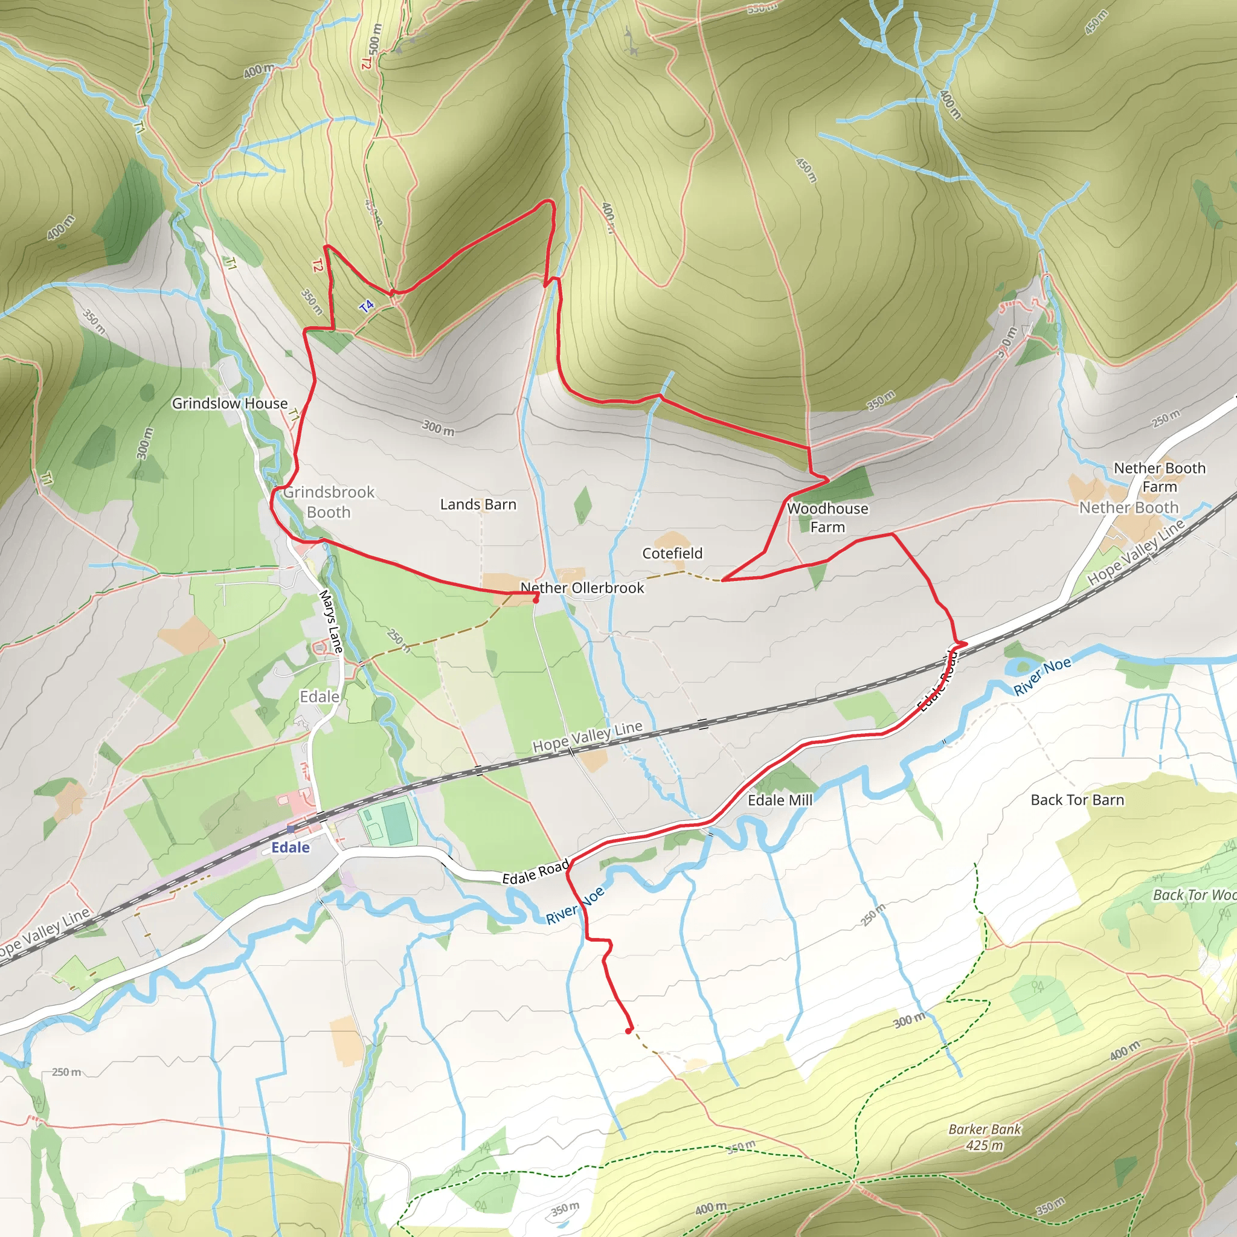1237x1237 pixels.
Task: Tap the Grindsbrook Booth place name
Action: (x=329, y=502)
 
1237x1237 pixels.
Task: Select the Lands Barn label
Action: (x=478, y=504)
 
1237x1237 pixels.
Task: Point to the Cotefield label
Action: (x=672, y=553)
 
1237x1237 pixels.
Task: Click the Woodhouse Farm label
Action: (x=827, y=518)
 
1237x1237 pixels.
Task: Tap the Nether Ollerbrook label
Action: (x=582, y=588)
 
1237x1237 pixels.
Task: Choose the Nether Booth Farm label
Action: (x=1160, y=477)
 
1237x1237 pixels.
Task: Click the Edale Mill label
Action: (x=780, y=800)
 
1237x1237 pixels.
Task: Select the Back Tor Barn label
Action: (x=1077, y=800)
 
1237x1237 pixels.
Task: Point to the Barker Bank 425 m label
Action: (x=985, y=1137)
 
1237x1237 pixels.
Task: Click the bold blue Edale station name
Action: (x=290, y=847)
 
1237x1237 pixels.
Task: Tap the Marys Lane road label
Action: (x=330, y=621)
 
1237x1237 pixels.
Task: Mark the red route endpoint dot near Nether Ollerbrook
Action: (x=536, y=600)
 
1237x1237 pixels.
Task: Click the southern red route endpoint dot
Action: (x=629, y=1031)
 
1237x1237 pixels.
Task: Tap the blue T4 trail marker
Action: (x=366, y=307)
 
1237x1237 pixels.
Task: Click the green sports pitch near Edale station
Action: (x=396, y=824)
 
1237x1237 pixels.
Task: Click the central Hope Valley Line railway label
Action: (x=587, y=736)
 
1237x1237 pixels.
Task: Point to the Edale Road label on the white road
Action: (x=535, y=873)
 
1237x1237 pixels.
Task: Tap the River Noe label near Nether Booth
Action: (x=1042, y=676)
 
